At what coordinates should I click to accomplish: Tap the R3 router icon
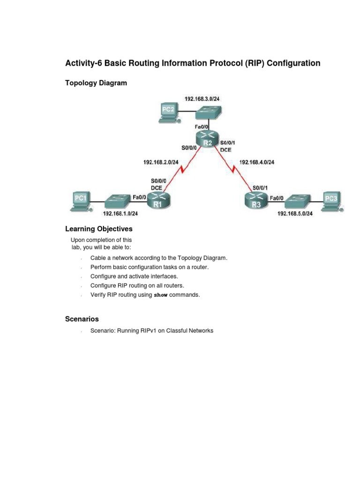256,200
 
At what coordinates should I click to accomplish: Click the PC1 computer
81,201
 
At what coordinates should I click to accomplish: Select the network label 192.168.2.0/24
161,162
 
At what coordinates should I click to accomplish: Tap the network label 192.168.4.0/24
256,162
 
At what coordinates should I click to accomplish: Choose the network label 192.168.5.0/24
295,214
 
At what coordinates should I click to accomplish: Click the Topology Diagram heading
96,83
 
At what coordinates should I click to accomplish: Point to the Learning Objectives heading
98,229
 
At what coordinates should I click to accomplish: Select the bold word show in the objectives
161,295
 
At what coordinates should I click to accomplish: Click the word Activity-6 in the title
83,63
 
